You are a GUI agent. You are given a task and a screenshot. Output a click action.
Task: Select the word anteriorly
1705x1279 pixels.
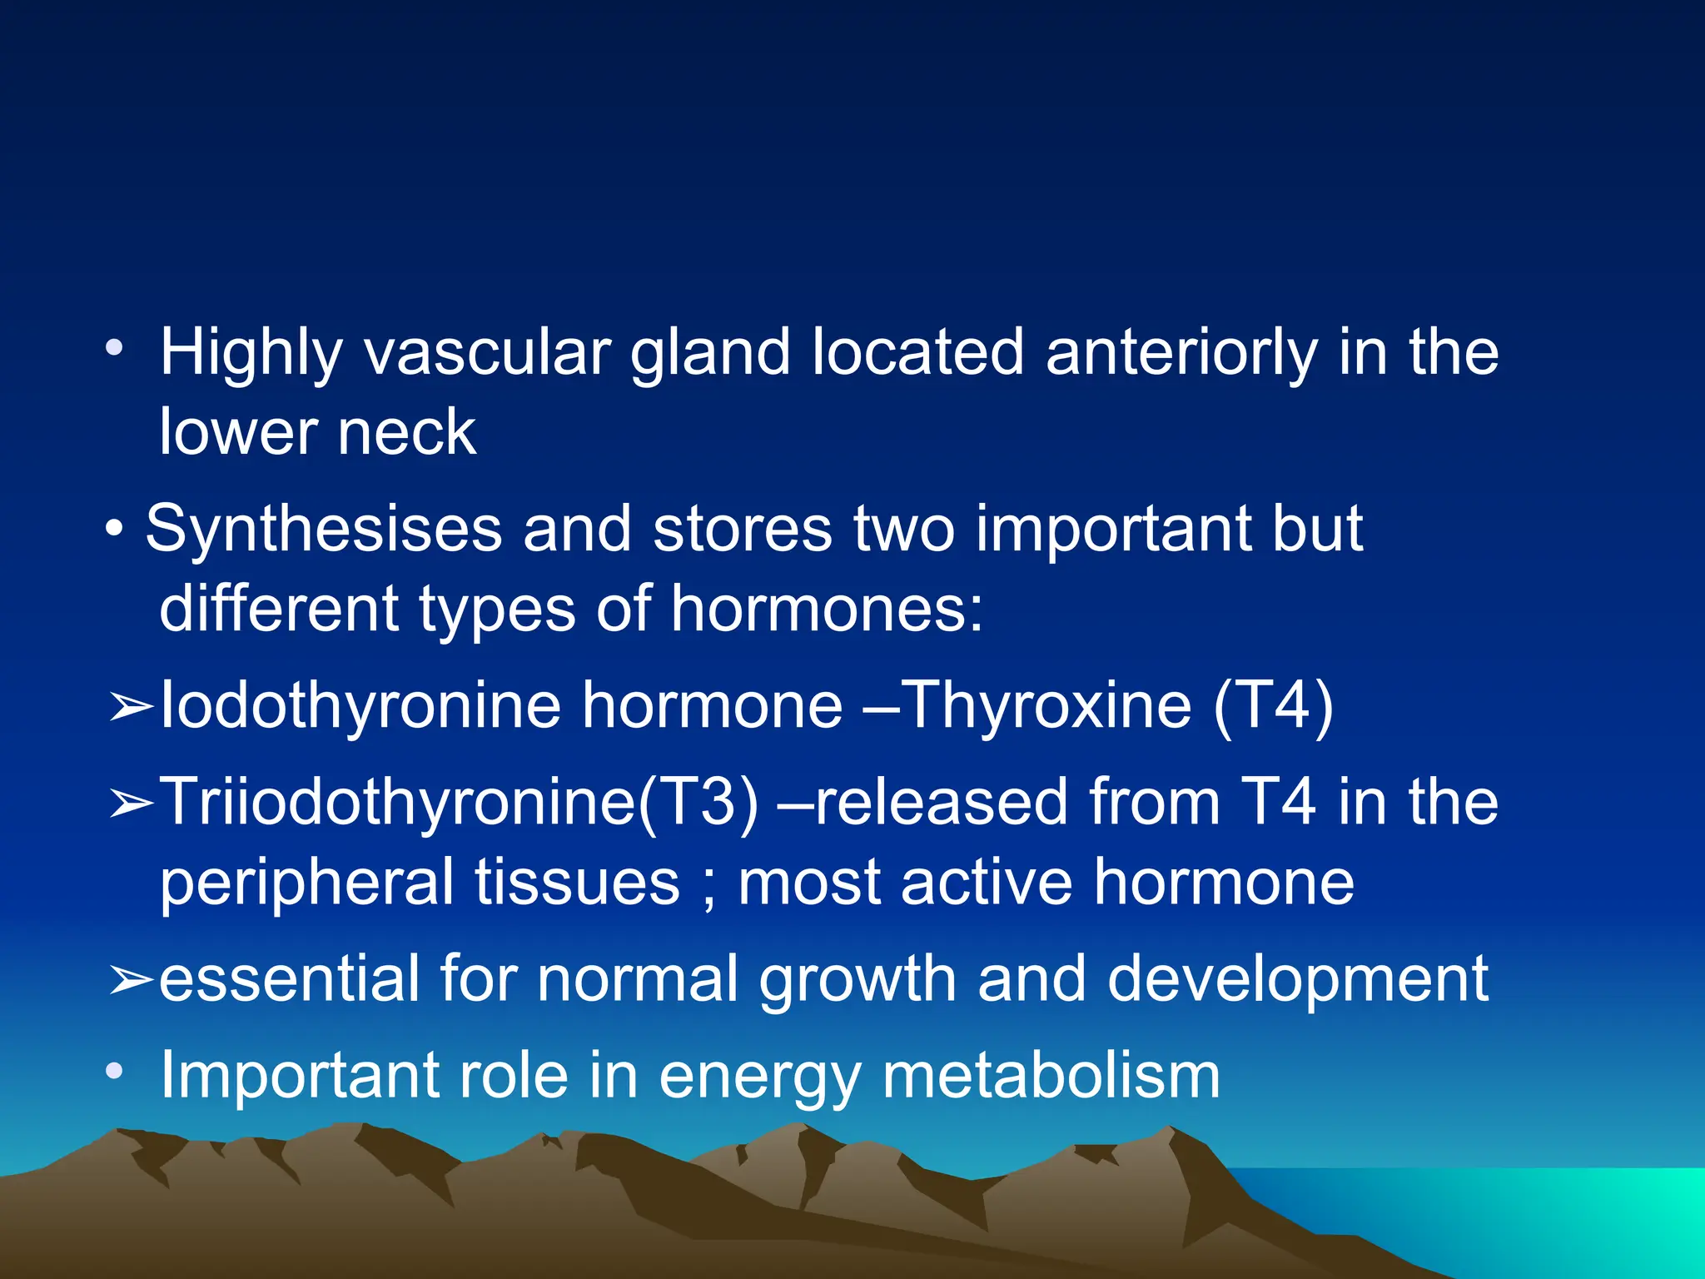[x=1181, y=354]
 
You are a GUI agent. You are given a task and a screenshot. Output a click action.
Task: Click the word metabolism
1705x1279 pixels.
[x=1051, y=1076]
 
